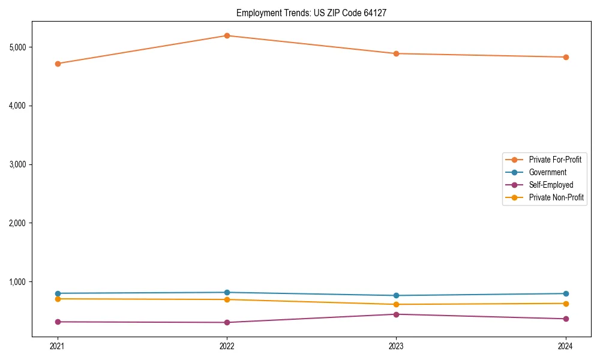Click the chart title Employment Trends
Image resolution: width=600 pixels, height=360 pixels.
coord(316,13)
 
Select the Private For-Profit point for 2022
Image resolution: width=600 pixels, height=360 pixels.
coord(227,35)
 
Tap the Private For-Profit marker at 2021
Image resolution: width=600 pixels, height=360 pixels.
coord(58,64)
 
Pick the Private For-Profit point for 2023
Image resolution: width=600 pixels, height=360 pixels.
coord(396,53)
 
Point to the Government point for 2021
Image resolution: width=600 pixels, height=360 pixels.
coord(58,293)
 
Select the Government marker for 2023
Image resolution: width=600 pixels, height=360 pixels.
coord(396,295)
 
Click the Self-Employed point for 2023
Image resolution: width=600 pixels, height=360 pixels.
coord(396,314)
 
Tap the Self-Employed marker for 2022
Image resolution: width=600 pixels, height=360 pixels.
coord(227,322)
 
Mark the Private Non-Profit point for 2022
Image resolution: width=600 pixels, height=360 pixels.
coord(227,299)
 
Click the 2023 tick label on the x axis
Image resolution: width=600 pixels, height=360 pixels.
coord(396,346)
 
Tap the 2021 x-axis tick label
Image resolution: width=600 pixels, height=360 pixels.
coord(58,346)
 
